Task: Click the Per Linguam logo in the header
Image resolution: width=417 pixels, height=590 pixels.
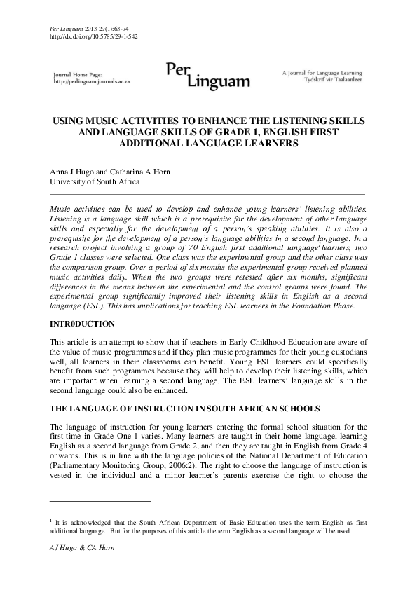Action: click(x=207, y=75)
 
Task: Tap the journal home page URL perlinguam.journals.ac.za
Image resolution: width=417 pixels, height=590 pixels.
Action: click(x=92, y=81)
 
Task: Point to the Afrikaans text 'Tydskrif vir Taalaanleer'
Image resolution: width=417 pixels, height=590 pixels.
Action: click(x=334, y=79)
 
